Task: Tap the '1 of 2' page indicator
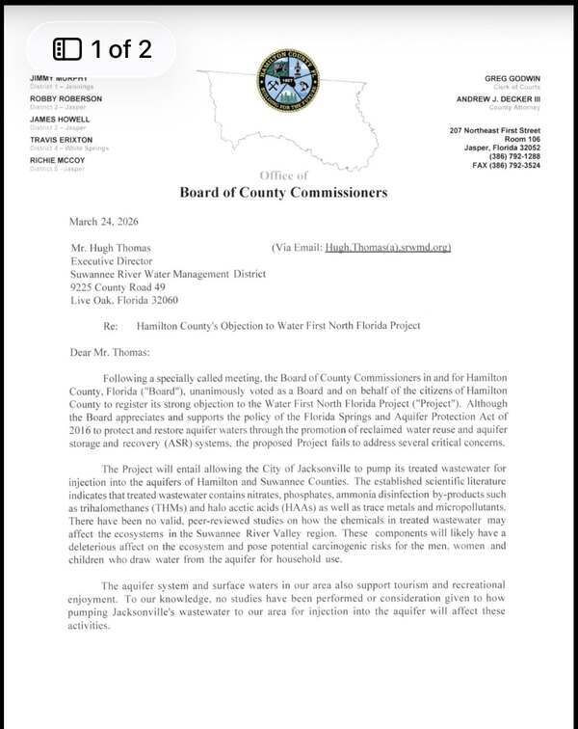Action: click(102, 49)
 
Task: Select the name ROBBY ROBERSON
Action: click(66, 98)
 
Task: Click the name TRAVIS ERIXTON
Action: click(62, 140)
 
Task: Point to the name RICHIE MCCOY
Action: click(58, 160)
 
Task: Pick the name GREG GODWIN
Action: click(512, 78)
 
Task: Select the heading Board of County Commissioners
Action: click(283, 192)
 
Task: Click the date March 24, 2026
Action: click(103, 220)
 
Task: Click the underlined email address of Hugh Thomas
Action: click(387, 247)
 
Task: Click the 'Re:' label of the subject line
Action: click(110, 326)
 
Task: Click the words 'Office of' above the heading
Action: click(283, 175)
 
